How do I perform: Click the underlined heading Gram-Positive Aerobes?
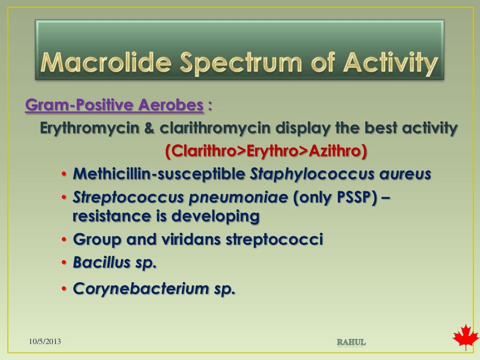[114, 106]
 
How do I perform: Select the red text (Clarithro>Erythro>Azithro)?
[266, 151]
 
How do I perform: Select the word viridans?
[190, 240]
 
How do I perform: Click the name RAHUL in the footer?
[351, 342]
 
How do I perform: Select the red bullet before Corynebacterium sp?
[64, 290]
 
